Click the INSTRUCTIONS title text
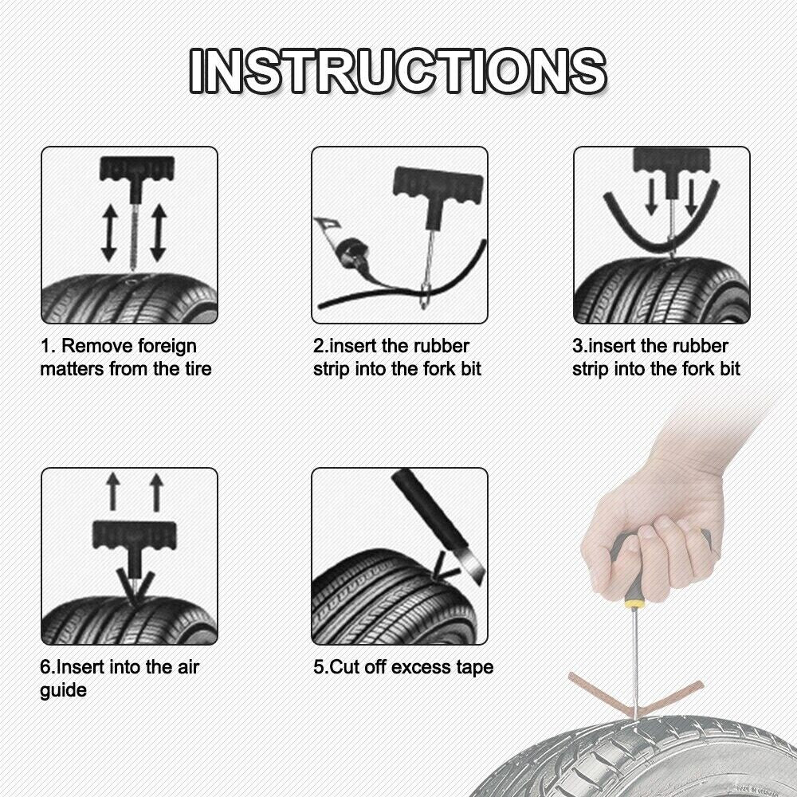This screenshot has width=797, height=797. [398, 70]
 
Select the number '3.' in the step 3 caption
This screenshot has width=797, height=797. [580, 347]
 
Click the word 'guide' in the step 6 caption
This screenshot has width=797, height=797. [64, 690]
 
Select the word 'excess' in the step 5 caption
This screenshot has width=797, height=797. [419, 666]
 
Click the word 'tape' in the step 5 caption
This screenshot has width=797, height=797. [474, 667]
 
